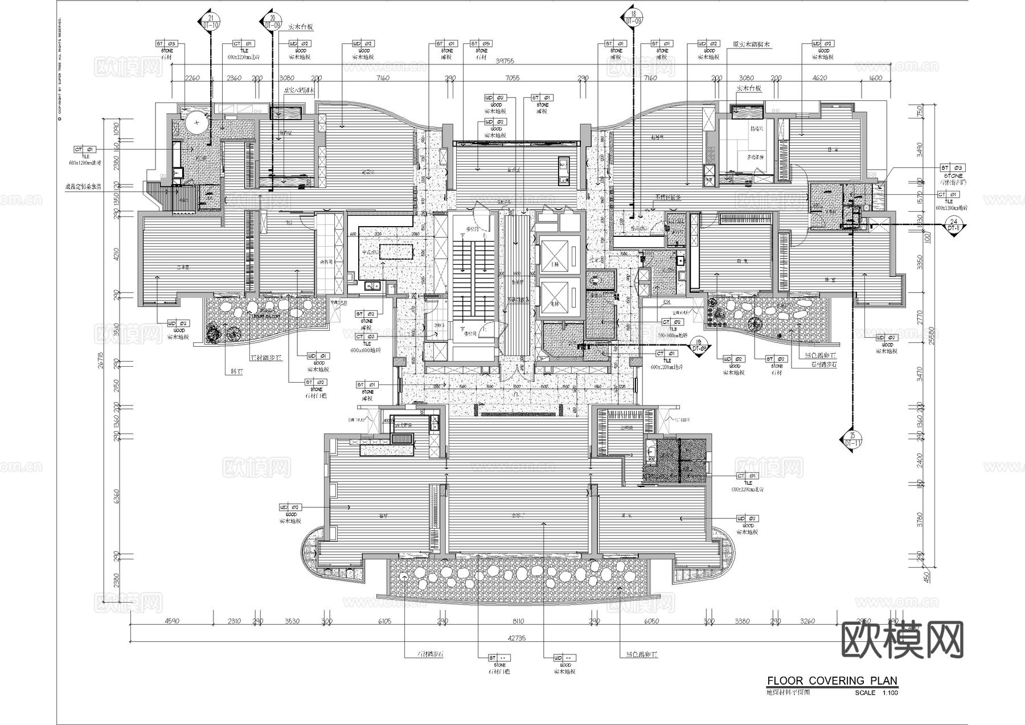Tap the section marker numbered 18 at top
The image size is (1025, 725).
tap(633, 17)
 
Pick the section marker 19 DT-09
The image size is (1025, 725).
tap(699, 345)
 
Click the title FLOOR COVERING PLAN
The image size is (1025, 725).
tap(832, 681)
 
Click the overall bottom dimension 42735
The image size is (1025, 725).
tap(514, 638)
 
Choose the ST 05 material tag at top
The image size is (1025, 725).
tap(481, 43)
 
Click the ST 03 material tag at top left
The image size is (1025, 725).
tap(167, 43)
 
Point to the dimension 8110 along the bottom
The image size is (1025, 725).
tap(518, 621)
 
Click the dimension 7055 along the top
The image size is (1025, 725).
tap(512, 78)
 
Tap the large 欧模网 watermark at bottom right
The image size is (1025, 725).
tap(902, 640)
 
